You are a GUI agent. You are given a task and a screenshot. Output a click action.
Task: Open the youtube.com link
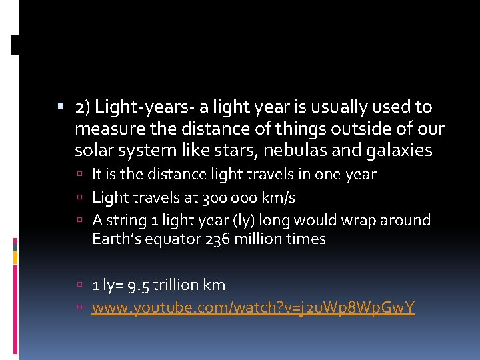[x=253, y=307]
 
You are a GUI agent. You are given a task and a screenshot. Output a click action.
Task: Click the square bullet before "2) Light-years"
[x=61, y=107]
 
